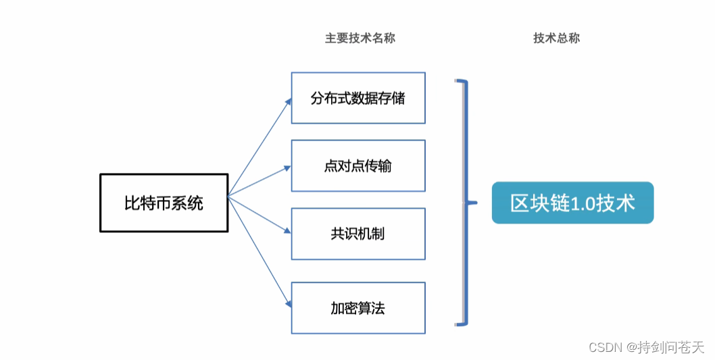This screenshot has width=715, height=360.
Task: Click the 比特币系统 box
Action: click(164, 203)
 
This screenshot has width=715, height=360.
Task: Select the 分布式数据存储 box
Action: click(358, 98)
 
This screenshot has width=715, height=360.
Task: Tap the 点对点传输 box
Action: click(358, 166)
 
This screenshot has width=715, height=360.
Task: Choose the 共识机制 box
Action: click(358, 234)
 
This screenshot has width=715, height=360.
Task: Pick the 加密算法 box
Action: click(358, 308)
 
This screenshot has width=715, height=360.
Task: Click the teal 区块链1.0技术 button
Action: click(572, 203)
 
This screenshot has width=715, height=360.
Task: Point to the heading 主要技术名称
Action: click(360, 38)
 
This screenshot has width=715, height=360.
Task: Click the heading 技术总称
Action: click(557, 38)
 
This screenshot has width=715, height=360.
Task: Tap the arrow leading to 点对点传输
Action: click(260, 182)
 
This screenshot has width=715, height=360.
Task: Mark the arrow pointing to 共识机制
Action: click(260, 215)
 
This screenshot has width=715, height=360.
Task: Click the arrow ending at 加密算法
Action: click(260, 252)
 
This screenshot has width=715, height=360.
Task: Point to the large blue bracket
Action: click(466, 203)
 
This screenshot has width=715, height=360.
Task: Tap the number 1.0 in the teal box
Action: click(583, 203)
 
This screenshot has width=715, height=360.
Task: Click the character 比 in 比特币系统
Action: click(132, 203)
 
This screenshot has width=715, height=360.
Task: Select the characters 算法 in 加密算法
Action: click(372, 309)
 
